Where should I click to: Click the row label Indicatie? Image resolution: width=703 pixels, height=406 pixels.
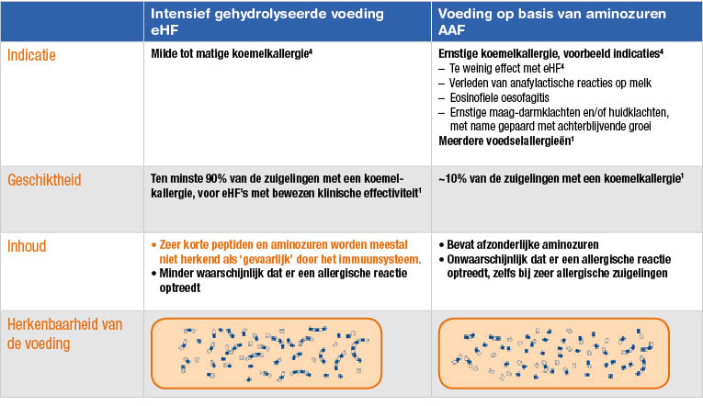click(x=31, y=55)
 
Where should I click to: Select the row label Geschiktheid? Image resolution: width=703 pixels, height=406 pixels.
click(x=44, y=180)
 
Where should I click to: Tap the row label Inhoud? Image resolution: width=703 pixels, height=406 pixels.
click(x=27, y=246)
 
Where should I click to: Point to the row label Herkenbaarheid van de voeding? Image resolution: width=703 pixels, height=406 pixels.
click(x=64, y=333)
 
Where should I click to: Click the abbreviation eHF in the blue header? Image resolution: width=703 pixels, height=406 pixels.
click(x=164, y=30)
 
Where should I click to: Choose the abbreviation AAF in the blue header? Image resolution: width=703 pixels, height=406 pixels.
click(x=451, y=30)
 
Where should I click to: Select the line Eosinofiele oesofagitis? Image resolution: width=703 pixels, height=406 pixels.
click(x=500, y=97)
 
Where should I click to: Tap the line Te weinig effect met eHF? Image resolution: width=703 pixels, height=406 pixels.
click(x=506, y=69)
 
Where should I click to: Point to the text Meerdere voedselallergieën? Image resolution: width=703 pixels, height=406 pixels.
click(x=506, y=141)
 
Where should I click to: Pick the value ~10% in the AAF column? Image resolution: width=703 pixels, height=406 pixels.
click(x=453, y=179)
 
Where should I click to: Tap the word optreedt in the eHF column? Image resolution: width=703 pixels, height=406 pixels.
click(x=180, y=288)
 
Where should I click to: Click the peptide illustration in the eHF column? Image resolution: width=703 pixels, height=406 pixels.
click(x=266, y=354)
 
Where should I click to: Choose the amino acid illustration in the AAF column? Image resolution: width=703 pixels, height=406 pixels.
click(x=554, y=354)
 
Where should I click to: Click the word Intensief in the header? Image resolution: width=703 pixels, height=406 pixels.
click(x=180, y=14)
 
